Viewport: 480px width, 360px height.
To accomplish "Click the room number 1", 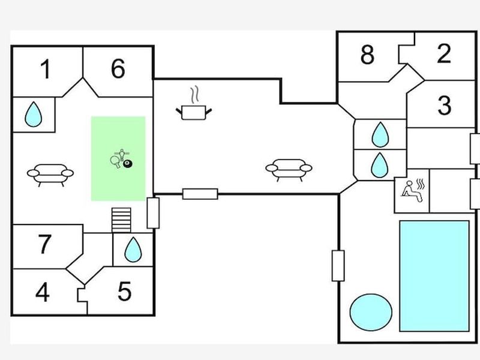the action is tap(46, 69).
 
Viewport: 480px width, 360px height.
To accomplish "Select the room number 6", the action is tap(118, 68).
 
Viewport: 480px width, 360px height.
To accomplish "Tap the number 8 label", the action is tap(367, 55).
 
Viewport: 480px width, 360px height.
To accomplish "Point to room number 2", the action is tap(444, 53).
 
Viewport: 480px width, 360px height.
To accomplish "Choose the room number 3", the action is tap(445, 106).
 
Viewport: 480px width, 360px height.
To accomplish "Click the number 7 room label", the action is tap(44, 244).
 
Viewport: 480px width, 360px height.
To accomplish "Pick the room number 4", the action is tap(42, 292).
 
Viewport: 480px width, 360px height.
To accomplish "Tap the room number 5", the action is tap(125, 291).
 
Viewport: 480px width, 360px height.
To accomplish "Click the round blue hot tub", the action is tap(371, 312).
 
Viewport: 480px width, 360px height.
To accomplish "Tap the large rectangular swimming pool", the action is tap(434, 276).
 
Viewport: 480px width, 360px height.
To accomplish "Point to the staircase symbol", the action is tap(121, 220).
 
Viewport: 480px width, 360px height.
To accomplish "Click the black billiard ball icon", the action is tap(128, 164).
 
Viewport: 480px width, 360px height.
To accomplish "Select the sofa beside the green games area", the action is tap(50, 175).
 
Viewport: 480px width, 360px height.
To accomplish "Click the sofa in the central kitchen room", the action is tap(289, 170).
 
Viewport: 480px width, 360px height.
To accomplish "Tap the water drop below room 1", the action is tap(34, 114).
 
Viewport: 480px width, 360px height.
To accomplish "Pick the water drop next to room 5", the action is tap(133, 250).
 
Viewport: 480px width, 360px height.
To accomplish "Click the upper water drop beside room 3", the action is tap(380, 134).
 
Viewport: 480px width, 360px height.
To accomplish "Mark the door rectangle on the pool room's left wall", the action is tap(338, 265).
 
